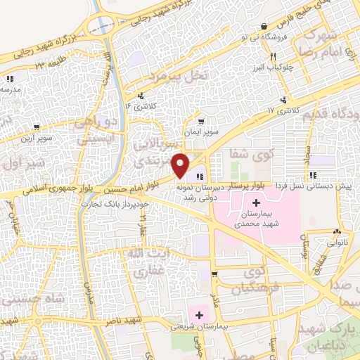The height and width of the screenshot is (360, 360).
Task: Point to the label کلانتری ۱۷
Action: click(283, 110)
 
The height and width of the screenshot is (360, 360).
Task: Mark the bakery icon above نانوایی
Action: click(338, 231)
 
